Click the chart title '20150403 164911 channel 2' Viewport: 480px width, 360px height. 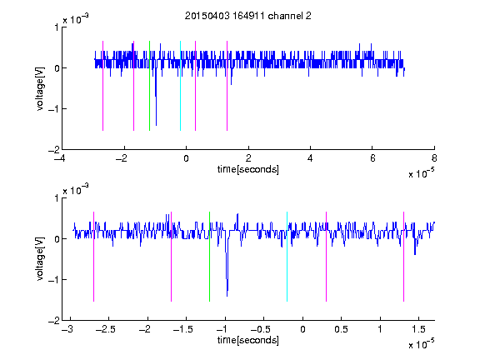click(248, 16)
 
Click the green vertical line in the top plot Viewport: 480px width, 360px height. click(149, 86)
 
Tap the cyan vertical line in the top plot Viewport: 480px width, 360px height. click(180, 86)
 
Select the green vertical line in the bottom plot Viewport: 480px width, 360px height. click(209, 257)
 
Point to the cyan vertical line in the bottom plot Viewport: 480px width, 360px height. click(287, 257)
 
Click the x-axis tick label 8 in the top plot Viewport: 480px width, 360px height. click(434, 158)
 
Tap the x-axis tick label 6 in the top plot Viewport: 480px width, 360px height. click(372, 158)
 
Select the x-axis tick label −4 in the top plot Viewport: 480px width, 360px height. click(60, 158)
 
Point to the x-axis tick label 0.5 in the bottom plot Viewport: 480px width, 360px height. click(341, 329)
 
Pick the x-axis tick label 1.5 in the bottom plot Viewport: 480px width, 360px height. click(418, 329)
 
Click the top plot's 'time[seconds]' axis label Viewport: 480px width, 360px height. click(248, 169)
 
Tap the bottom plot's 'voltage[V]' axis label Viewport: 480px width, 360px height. click(40, 259)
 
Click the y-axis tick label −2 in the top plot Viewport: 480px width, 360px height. click(54, 150)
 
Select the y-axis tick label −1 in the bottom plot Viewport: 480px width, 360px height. click(54, 280)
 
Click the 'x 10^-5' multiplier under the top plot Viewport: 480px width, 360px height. click(421, 173)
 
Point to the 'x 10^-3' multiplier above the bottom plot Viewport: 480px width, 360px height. click(76, 190)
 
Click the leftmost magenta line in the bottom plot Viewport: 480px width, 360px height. click(93, 257)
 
